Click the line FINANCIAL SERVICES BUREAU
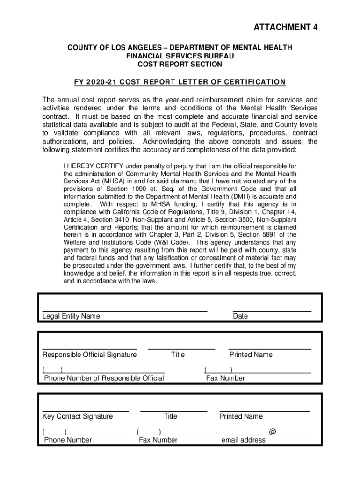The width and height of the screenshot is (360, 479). coord(180,56)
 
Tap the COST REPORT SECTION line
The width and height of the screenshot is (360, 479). coord(180,65)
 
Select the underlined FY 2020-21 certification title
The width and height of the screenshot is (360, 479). coord(180,82)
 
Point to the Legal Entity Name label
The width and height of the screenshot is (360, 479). coord(71,316)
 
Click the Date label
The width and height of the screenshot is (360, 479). coord(240,316)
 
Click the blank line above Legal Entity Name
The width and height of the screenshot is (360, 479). coord(124,310)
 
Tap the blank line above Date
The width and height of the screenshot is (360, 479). coord(272,310)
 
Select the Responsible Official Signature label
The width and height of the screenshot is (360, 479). coord(89,355)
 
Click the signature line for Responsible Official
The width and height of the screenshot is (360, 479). coord(89,348)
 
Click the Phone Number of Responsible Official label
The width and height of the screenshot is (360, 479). coord(104,378)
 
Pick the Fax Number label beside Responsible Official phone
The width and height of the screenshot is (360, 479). coord(225,378)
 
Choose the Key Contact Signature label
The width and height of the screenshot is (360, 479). coord(78,416)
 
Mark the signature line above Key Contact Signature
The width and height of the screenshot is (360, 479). coord(86,410)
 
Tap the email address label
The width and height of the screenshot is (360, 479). coord(243,440)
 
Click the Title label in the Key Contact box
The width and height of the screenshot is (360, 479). coord(171,416)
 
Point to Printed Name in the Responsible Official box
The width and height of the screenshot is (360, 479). coord(251,355)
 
